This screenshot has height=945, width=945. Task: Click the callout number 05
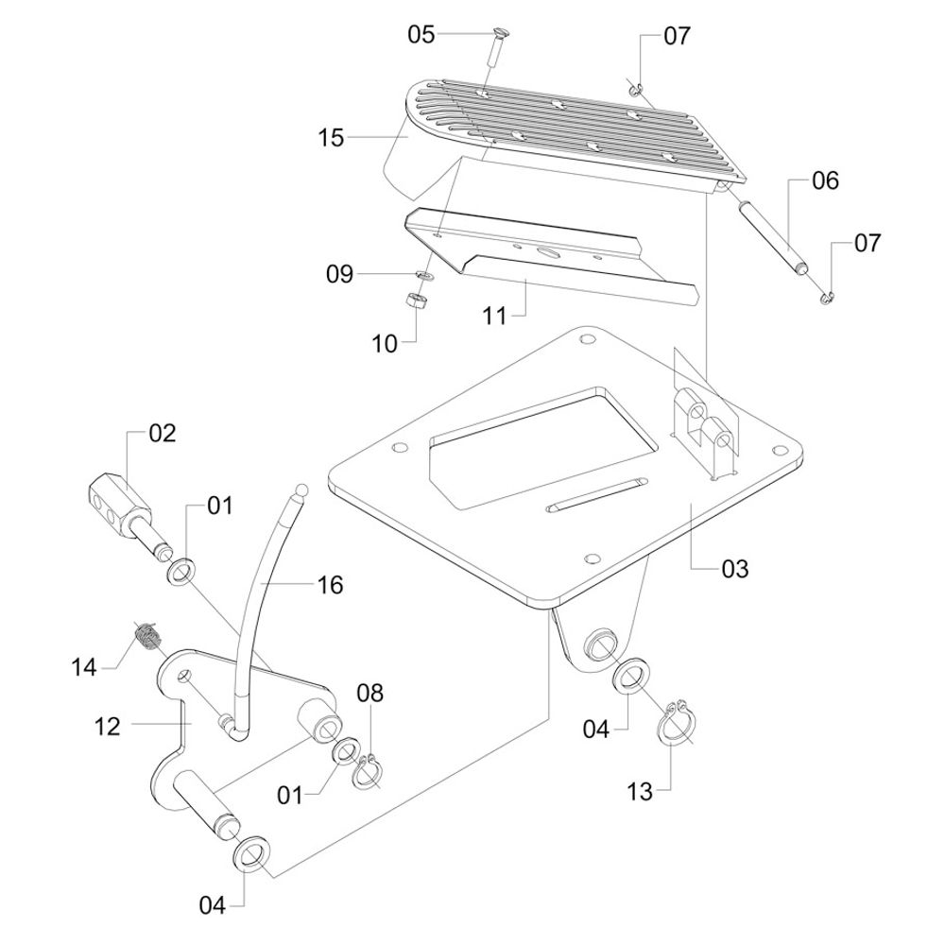pyautogui.click(x=421, y=34)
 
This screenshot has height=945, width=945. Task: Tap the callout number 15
pyautogui.click(x=331, y=138)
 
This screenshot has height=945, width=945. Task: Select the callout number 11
pyautogui.click(x=495, y=316)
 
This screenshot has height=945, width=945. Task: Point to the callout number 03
pyautogui.click(x=734, y=568)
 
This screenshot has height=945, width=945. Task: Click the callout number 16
pyautogui.click(x=330, y=585)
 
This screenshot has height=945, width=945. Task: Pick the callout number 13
pyautogui.click(x=640, y=791)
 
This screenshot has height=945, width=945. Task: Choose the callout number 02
pyautogui.click(x=162, y=434)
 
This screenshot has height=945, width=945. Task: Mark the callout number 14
pyautogui.click(x=84, y=667)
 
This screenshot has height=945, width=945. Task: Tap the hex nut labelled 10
pyautogui.click(x=414, y=300)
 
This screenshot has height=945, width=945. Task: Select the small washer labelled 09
pyautogui.click(x=425, y=275)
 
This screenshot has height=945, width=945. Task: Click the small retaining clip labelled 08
pyautogui.click(x=367, y=771)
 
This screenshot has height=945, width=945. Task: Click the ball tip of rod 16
pyautogui.click(x=301, y=490)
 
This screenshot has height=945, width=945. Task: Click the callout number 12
pyautogui.click(x=108, y=726)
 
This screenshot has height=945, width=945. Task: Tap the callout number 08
pyautogui.click(x=370, y=693)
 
